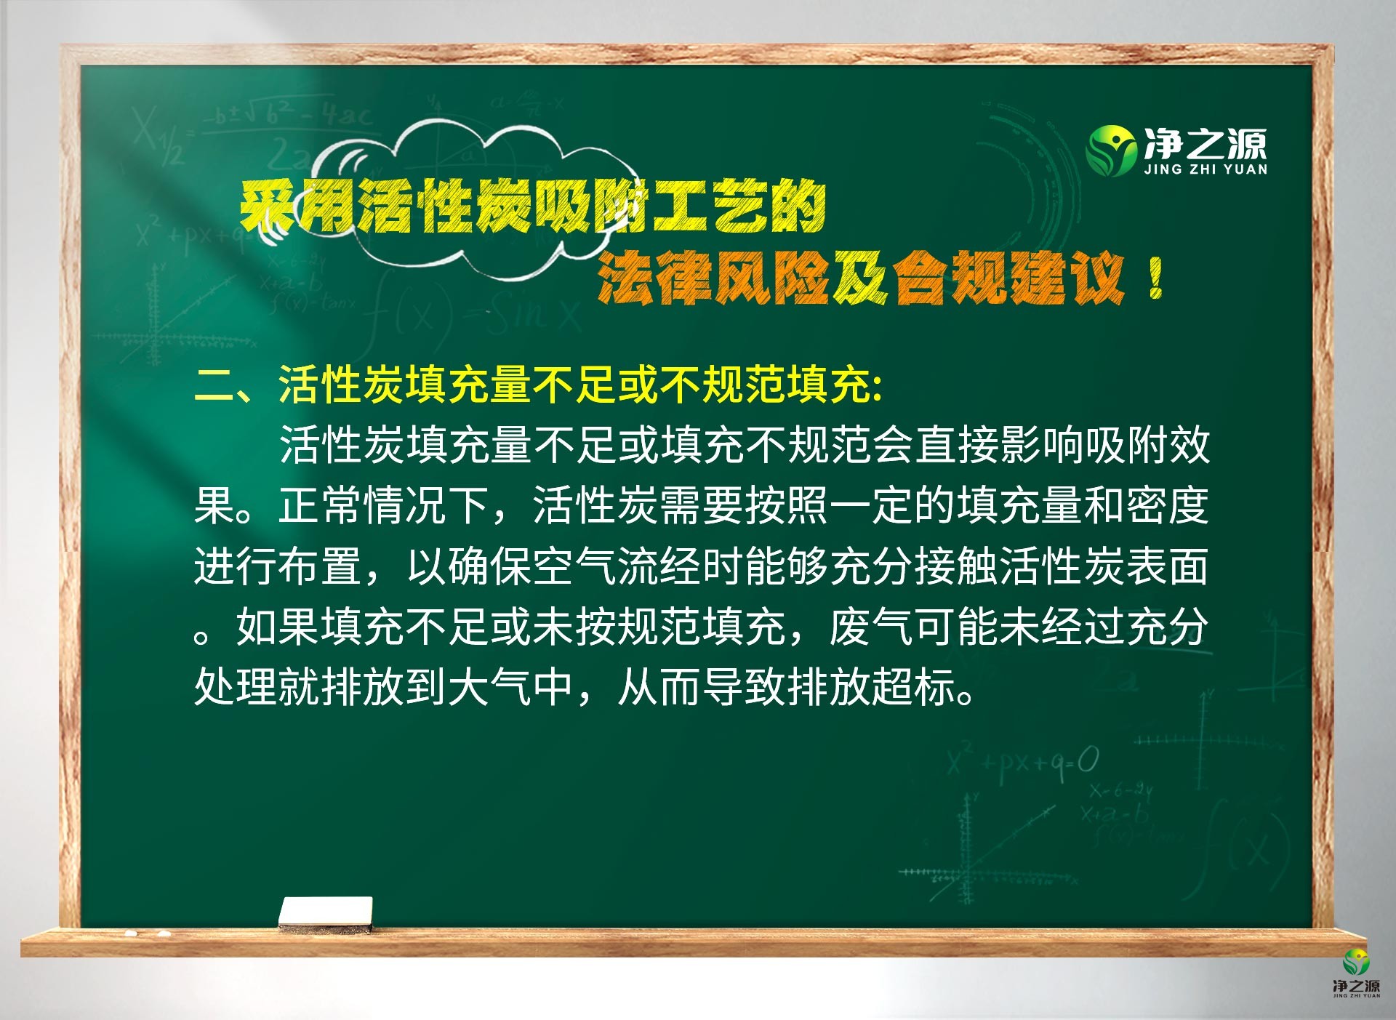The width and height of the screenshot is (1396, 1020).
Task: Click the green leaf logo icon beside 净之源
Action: point(1110,150)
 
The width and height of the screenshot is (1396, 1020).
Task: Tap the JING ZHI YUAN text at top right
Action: point(1206,169)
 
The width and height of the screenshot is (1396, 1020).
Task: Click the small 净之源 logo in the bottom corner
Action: point(1356,973)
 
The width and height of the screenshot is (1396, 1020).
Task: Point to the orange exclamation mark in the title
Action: point(1156,279)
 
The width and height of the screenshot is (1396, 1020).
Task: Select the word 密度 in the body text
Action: point(1167,505)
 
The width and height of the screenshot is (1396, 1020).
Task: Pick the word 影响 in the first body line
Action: point(1041,445)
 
